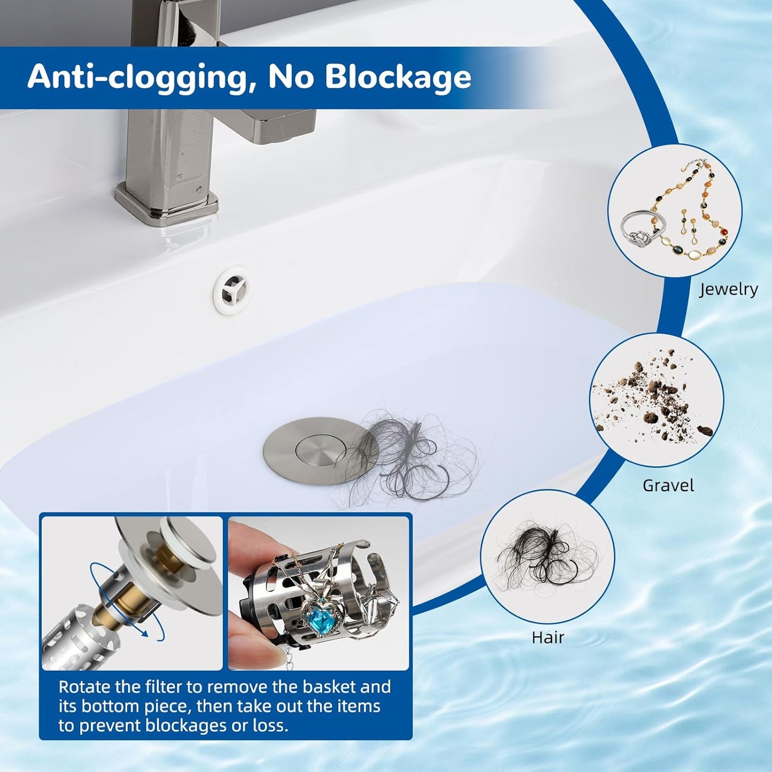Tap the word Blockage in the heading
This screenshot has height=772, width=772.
pyautogui.click(x=397, y=76)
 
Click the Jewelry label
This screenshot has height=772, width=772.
pyautogui.click(x=728, y=290)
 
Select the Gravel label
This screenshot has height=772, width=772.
pyautogui.click(x=668, y=486)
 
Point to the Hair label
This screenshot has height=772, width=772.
pyautogui.click(x=548, y=637)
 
